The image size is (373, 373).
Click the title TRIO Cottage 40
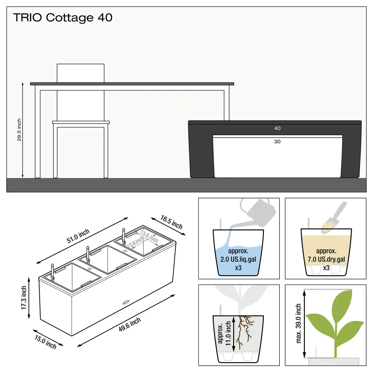pos(63,18)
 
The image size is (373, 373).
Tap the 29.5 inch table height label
pos(19,130)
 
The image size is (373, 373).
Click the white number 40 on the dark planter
pos(277,128)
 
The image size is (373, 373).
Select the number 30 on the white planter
pos(277,141)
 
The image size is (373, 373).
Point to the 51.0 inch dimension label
pos(78,236)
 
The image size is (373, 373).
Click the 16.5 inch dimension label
pos(172,222)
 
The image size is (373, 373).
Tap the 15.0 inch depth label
pos(45,342)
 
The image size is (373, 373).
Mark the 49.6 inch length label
pos(130,325)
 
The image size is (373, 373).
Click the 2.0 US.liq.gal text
pos(238,259)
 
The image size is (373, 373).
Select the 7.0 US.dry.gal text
pos(326,259)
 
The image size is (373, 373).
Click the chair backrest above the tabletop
pos(81,73)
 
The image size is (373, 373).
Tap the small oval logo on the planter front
pos(126,302)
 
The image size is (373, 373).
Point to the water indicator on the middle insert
pos(88,254)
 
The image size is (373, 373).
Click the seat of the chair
pos(81,122)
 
